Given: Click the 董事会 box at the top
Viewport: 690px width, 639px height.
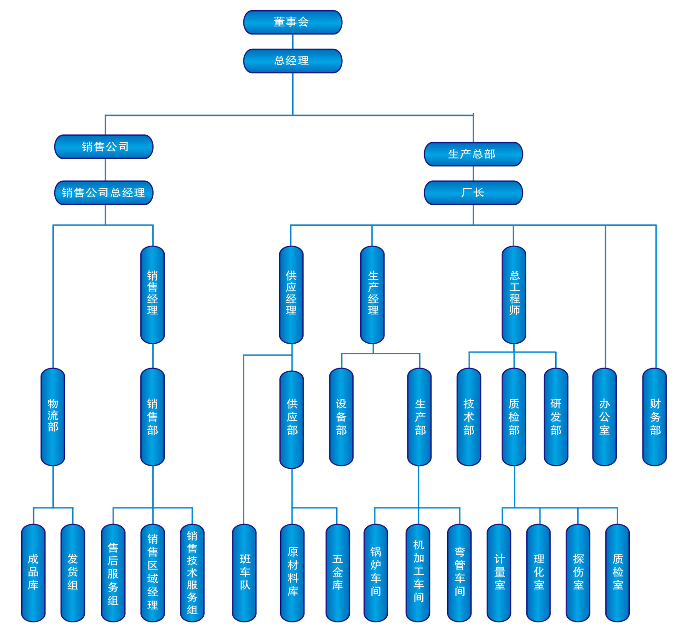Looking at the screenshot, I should click(x=293, y=22).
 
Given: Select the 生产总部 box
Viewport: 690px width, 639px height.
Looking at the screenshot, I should click(x=473, y=154).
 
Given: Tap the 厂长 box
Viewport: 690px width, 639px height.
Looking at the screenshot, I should click(x=473, y=193).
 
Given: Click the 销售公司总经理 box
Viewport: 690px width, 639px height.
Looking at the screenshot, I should click(x=104, y=193).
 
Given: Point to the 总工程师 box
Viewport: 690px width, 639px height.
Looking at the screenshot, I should click(x=514, y=294).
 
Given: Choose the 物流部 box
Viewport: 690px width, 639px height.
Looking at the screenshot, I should click(x=53, y=416).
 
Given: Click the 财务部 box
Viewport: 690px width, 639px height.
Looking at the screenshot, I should click(x=654, y=416).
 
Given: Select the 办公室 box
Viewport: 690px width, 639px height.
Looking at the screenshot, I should click(x=604, y=416).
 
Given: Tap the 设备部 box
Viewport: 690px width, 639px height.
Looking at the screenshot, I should click(x=341, y=416).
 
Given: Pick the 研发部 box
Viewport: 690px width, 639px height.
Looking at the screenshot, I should click(x=556, y=416).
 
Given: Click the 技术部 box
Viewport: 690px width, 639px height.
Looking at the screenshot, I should click(x=469, y=416).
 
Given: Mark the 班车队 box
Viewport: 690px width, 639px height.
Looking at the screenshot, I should click(x=244, y=572).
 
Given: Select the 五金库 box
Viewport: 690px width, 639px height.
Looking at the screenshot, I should click(x=338, y=572).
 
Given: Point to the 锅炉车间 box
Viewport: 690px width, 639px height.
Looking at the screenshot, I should click(x=376, y=572).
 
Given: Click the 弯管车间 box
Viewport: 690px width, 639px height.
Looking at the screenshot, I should click(x=460, y=572).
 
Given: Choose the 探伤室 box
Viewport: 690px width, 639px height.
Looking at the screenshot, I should click(x=578, y=572).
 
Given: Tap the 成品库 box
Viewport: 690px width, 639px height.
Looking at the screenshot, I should click(x=33, y=572).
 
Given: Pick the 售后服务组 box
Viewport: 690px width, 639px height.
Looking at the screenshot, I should click(x=113, y=572).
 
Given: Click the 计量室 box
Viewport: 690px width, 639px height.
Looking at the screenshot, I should click(x=499, y=572).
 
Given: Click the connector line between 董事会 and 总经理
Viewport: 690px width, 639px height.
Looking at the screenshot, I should click(x=293, y=42).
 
